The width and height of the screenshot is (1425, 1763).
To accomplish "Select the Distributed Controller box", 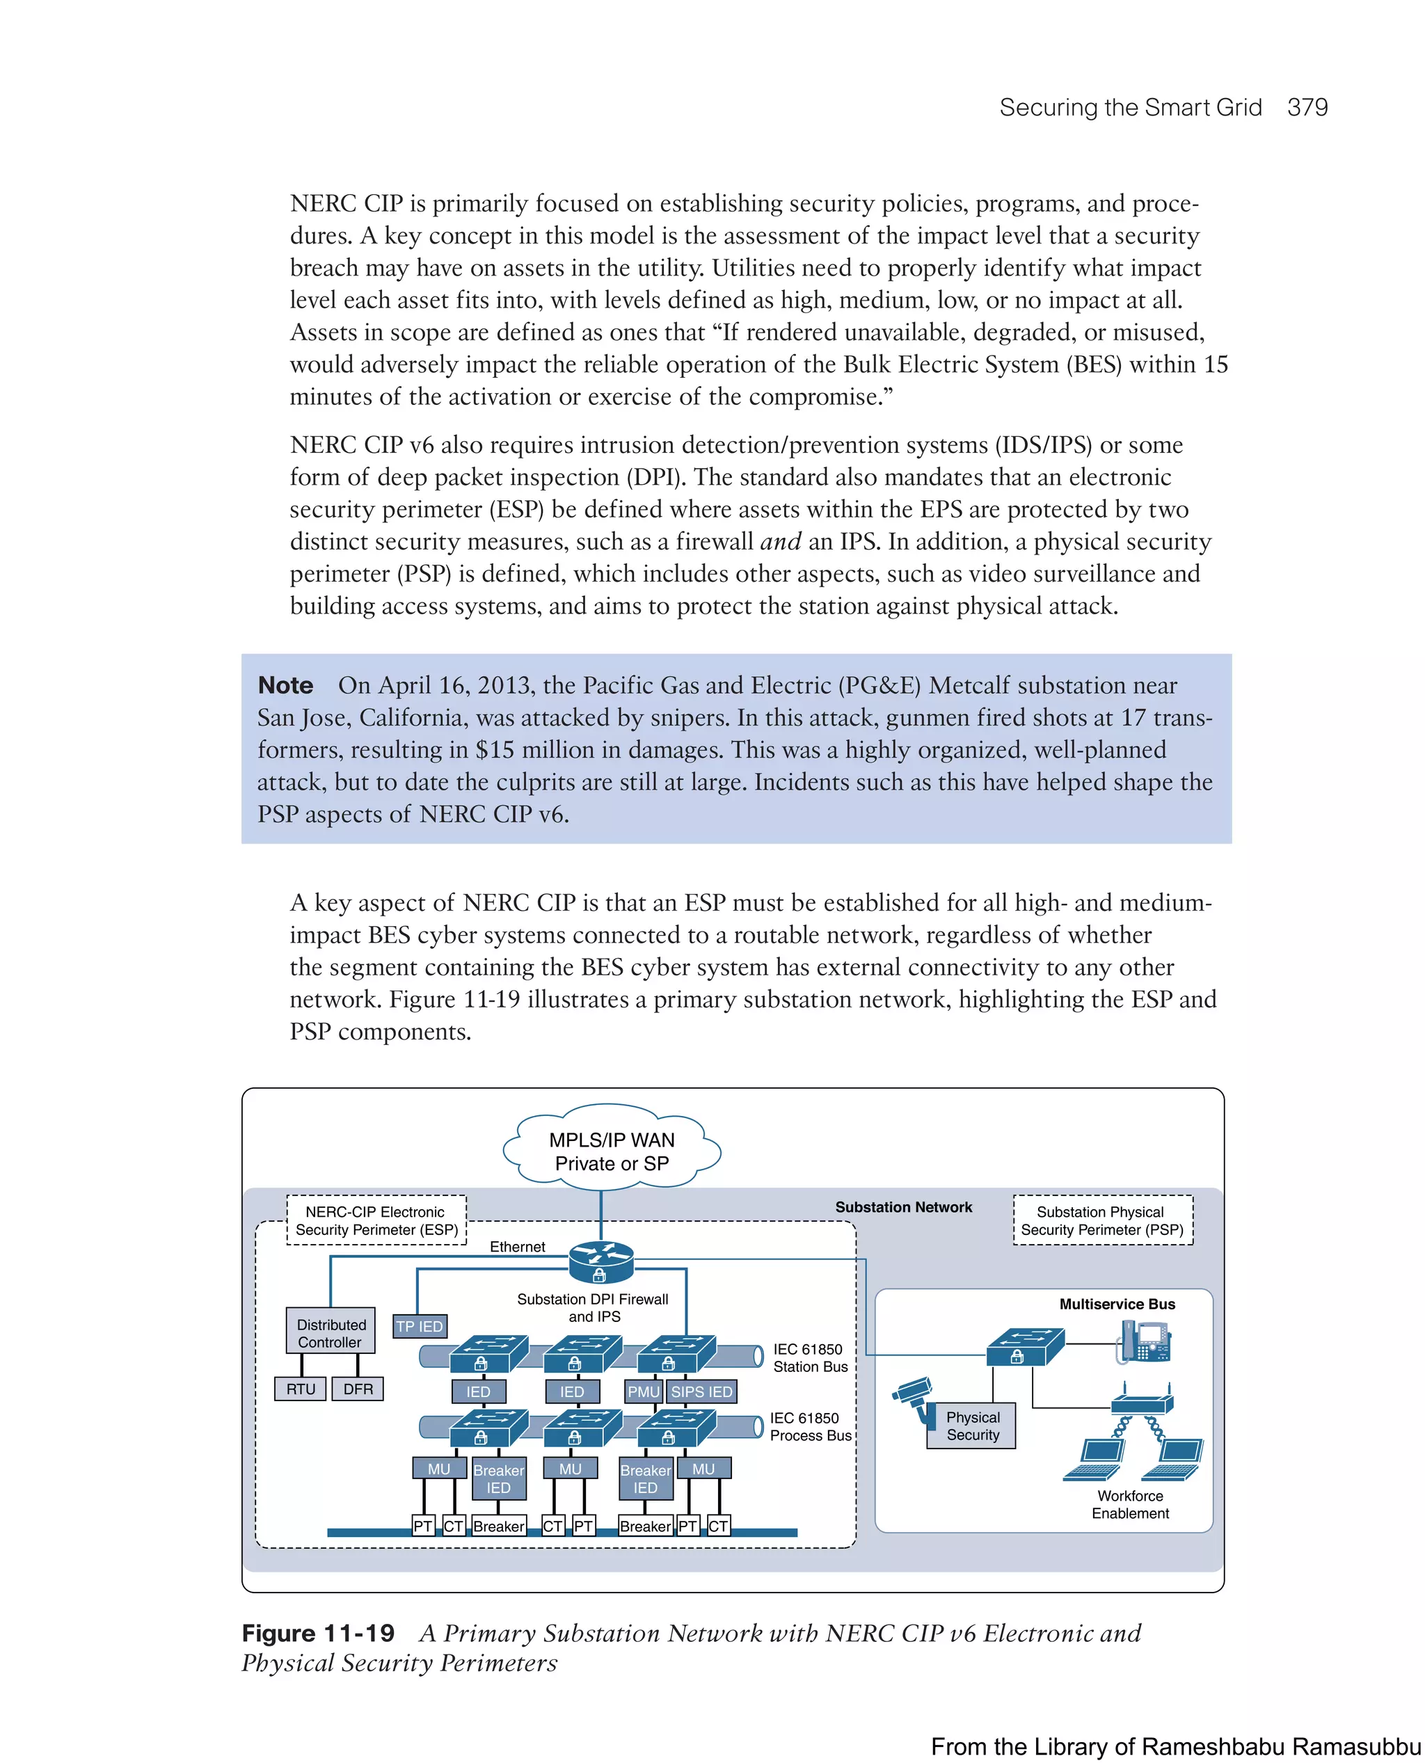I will click(331, 1333).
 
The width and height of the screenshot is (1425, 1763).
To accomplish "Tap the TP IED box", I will click(420, 1326).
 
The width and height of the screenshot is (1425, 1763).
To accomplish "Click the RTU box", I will click(301, 1389).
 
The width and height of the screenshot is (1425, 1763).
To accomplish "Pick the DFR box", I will click(358, 1389).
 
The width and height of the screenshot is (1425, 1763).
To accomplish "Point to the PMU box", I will click(644, 1391).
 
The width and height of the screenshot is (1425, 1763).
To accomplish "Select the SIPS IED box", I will click(702, 1391).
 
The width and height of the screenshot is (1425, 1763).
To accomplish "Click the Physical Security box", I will click(972, 1426).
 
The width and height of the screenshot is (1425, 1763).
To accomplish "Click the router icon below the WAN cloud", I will click(601, 1261).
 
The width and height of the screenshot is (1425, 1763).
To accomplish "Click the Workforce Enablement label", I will click(1130, 1504).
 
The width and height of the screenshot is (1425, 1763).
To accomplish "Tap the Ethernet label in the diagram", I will click(517, 1247).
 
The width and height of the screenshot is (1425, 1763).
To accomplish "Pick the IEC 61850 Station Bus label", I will click(809, 1357).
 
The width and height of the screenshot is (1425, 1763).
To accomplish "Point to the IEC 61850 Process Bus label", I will click(809, 1426).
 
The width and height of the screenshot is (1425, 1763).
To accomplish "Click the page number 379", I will click(1307, 108).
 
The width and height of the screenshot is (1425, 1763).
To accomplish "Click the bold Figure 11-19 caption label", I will click(318, 1634).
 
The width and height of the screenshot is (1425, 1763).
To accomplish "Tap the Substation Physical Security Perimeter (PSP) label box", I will click(1102, 1220).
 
